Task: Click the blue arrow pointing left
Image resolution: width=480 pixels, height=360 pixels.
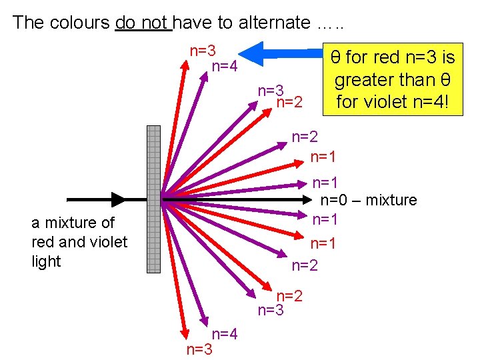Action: [280, 52]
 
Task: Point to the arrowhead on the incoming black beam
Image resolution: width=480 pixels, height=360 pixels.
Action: [118, 199]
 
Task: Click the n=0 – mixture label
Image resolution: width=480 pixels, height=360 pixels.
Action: [369, 200]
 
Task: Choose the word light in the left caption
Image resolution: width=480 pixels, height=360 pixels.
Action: [46, 261]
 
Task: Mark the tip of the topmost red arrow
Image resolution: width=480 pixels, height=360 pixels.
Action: [187, 62]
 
